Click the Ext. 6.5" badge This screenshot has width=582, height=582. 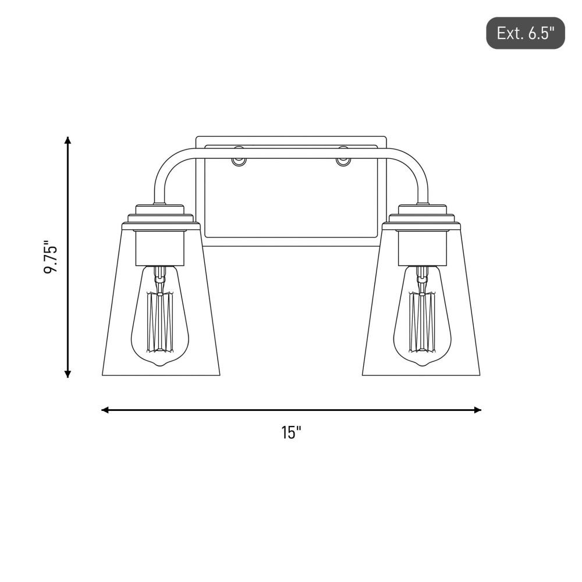click(525, 33)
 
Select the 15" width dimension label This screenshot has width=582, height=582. click(291, 432)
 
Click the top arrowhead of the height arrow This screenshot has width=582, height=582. click(68, 140)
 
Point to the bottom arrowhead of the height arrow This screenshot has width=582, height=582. click(68, 374)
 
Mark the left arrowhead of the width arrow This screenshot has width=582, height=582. click(105, 410)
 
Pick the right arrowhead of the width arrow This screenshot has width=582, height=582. click(478, 410)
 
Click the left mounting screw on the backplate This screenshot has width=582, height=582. click(238, 161)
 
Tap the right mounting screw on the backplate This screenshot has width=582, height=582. click(342, 161)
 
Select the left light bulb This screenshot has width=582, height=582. click(160, 315)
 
